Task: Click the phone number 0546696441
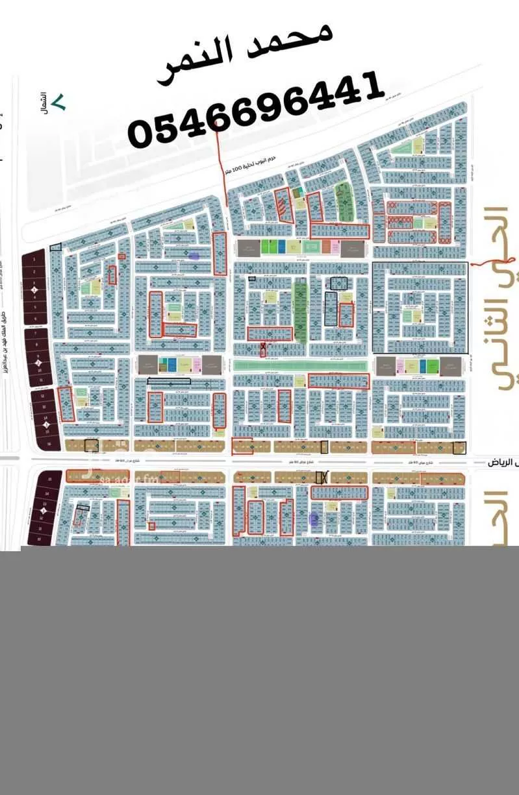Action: tap(253, 110)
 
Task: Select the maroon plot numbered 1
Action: tap(34, 259)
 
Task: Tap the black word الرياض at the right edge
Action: tap(504, 463)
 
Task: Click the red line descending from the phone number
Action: tap(223, 169)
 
